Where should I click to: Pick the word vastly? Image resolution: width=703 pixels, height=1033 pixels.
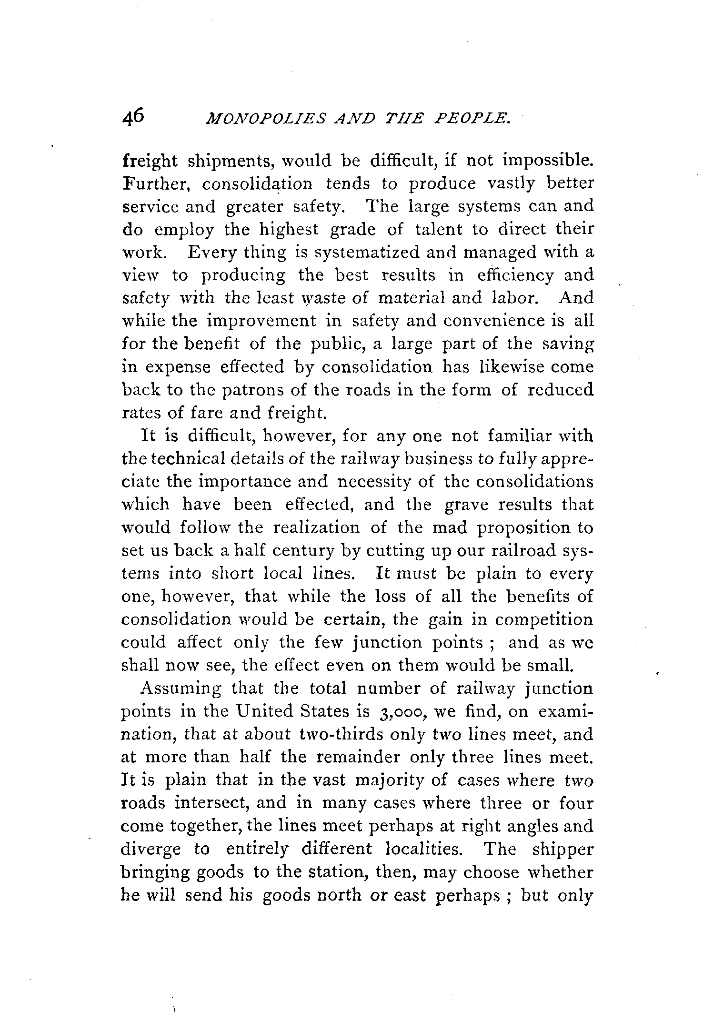(515, 184)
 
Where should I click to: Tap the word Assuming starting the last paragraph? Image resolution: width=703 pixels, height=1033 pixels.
(181, 689)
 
